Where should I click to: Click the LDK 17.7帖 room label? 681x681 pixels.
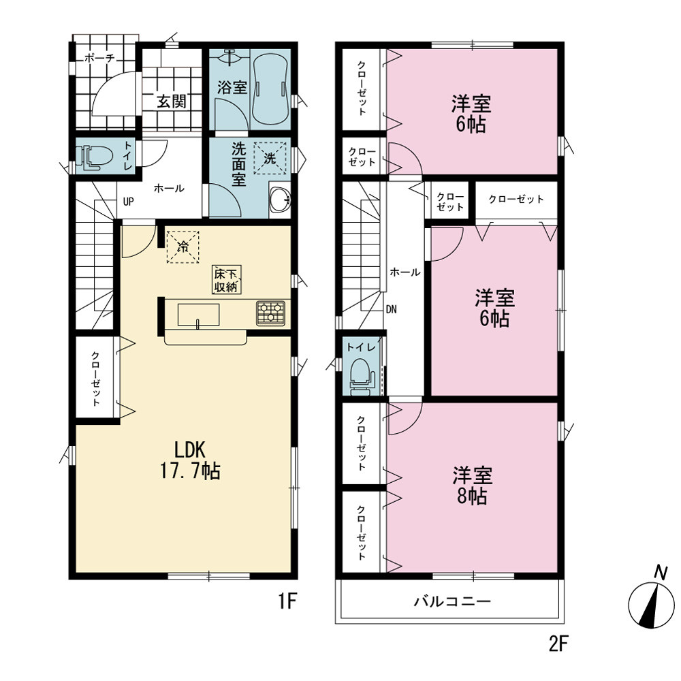pos(190,460)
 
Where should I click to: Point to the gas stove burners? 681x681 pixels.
pos(271,313)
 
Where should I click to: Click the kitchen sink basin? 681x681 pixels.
pos(198,315)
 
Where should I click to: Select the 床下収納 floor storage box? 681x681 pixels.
pos(226,280)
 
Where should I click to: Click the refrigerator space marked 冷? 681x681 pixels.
pos(183,247)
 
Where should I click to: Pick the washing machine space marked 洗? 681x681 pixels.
pos(270,159)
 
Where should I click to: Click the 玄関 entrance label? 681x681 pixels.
pos(172,101)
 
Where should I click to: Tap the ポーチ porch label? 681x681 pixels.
pos(99,57)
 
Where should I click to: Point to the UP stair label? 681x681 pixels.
pos(129,202)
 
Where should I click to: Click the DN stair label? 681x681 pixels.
pos(392,309)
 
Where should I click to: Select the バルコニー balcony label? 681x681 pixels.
pos(452,601)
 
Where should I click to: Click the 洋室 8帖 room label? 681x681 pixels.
pos(472,485)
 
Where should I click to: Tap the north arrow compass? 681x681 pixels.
pos(650,601)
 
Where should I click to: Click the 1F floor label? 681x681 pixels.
pos(287,601)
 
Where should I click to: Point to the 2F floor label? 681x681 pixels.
pos(558,644)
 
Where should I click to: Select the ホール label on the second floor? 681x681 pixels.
pos(405,272)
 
